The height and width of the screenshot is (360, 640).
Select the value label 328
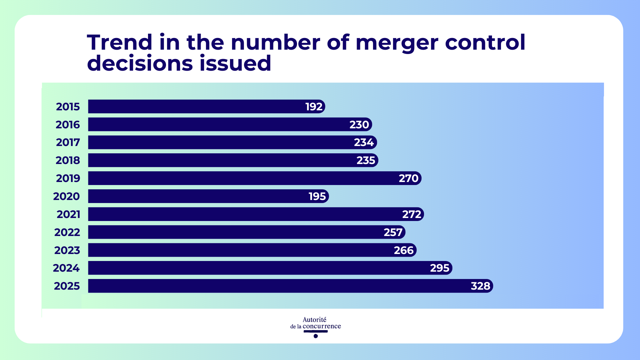480,286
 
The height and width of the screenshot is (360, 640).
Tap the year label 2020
66,196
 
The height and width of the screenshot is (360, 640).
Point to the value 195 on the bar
317,196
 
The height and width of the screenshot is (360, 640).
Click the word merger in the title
397,43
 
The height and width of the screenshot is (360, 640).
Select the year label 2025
67,286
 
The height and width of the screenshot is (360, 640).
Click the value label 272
412,214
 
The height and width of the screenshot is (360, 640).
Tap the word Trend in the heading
120,43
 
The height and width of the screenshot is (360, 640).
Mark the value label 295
440,268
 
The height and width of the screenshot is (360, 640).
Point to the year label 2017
68,142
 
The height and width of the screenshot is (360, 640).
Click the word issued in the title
235,63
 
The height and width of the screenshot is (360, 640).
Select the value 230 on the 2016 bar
359,125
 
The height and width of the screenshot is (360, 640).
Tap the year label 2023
67,250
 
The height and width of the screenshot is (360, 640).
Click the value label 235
366,160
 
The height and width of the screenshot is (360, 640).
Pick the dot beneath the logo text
316,336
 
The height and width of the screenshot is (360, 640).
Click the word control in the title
485,43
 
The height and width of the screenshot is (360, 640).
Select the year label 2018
68,160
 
